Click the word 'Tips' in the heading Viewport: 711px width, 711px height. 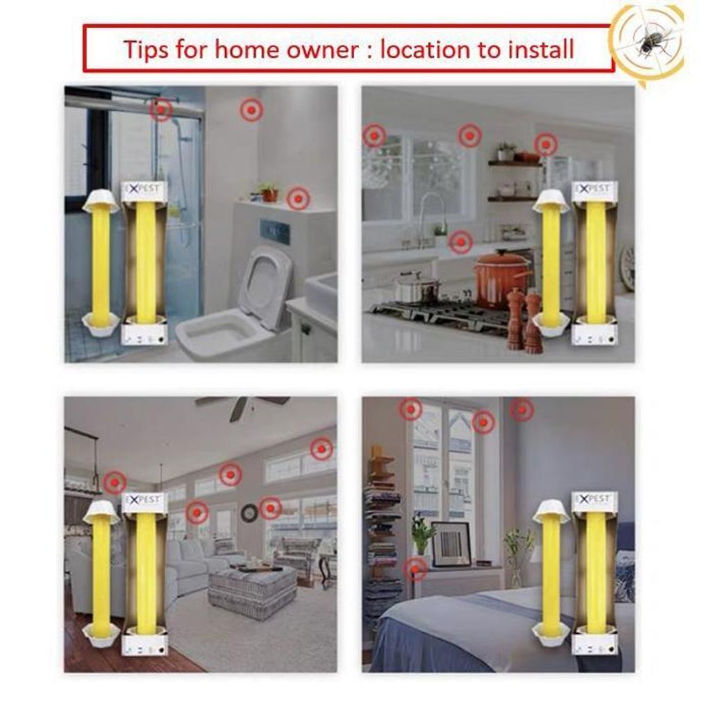coord(146,50)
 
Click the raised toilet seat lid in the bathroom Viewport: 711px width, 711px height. coord(265,285)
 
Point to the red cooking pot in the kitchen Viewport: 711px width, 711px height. coord(499,278)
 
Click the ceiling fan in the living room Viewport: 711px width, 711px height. coord(242,405)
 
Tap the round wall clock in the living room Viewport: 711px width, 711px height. coord(249,513)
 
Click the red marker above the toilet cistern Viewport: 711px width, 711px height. coord(298,199)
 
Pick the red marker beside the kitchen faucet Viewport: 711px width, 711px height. coord(461,242)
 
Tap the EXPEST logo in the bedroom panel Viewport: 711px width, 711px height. coord(594,499)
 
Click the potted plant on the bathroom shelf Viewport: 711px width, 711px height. coord(269,192)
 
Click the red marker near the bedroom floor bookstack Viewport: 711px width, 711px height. coord(415,569)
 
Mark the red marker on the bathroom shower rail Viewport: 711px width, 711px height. coord(160,109)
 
